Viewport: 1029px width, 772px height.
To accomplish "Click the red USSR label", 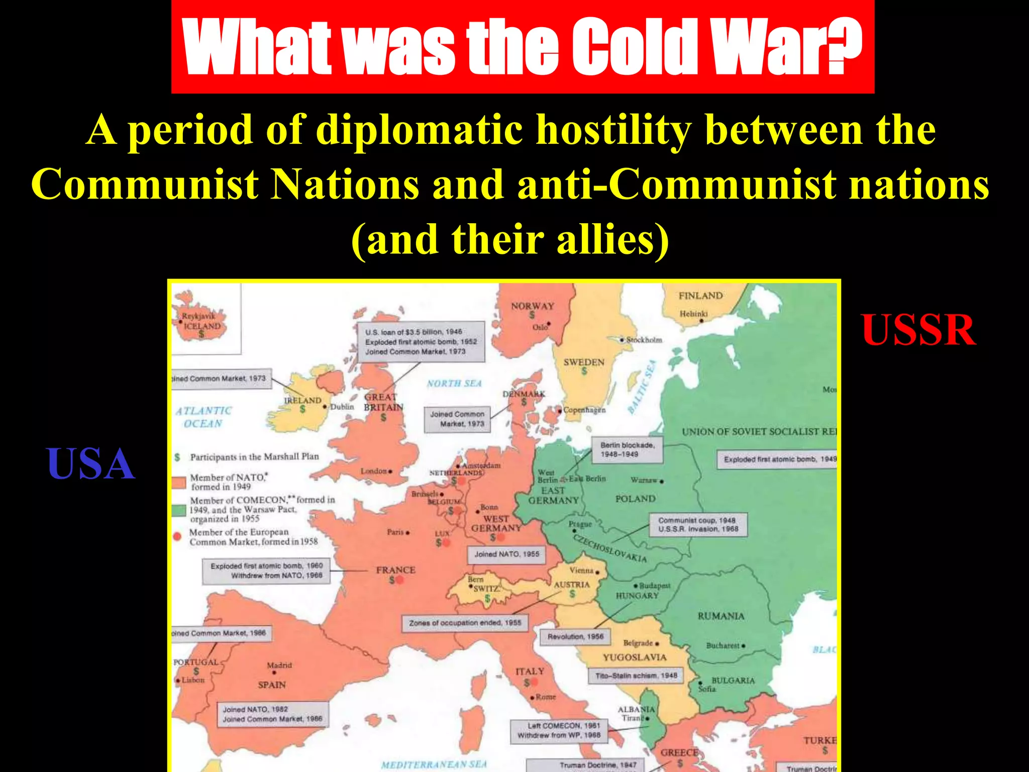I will [x=919, y=330].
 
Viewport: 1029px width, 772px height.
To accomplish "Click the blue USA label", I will [x=90, y=464].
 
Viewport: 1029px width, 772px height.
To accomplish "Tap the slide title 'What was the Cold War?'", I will [x=523, y=47].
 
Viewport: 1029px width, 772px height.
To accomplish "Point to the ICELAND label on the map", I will [x=202, y=326].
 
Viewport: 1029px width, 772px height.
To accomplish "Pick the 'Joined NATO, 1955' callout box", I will [x=506, y=554].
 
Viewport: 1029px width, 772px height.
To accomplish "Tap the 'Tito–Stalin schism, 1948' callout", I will [x=636, y=675].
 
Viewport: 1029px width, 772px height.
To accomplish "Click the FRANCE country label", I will [x=395, y=570].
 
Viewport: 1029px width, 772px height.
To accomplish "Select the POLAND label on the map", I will [x=635, y=499].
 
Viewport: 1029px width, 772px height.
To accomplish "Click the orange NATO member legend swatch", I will [x=179, y=482].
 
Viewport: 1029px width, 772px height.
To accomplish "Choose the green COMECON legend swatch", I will [x=179, y=511].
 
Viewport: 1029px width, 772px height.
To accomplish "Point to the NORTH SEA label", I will [x=454, y=383].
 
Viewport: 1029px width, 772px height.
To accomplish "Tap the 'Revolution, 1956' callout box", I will [x=575, y=636].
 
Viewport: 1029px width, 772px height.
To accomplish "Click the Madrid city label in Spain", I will [x=279, y=665].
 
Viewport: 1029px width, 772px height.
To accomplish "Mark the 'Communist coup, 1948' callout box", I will [x=698, y=525].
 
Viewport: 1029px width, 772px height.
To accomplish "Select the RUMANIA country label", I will [x=721, y=616].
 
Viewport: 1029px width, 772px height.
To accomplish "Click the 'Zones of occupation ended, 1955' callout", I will [x=465, y=623].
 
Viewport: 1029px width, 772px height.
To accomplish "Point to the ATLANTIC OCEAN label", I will [x=203, y=417].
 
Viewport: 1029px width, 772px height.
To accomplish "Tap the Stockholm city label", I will [x=644, y=340].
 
